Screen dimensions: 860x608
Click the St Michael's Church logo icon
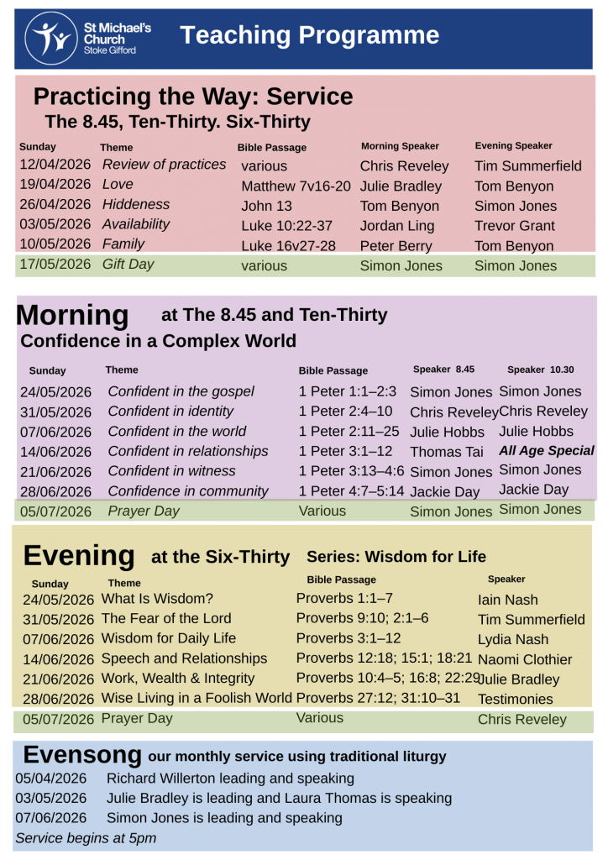coord(52,39)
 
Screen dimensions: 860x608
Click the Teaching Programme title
coord(309,35)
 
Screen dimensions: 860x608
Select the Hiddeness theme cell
coord(136,204)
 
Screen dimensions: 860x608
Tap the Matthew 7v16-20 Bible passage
coord(296,186)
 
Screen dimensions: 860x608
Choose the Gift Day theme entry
coord(128,265)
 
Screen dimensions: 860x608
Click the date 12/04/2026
coord(55,165)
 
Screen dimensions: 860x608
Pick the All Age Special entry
coord(546,451)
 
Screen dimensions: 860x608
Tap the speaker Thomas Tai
coord(447,452)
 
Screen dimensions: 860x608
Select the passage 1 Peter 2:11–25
coord(349,432)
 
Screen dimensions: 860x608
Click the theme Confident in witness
coord(171,471)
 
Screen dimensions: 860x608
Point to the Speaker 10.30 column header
coord(541,370)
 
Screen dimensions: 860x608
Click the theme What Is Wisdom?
coord(157,599)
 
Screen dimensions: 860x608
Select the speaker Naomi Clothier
coord(524,659)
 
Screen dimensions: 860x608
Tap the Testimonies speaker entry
coord(515,699)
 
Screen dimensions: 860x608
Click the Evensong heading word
coord(82,753)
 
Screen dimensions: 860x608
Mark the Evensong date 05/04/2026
coord(50,779)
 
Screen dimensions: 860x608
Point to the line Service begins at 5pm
coord(85,837)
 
